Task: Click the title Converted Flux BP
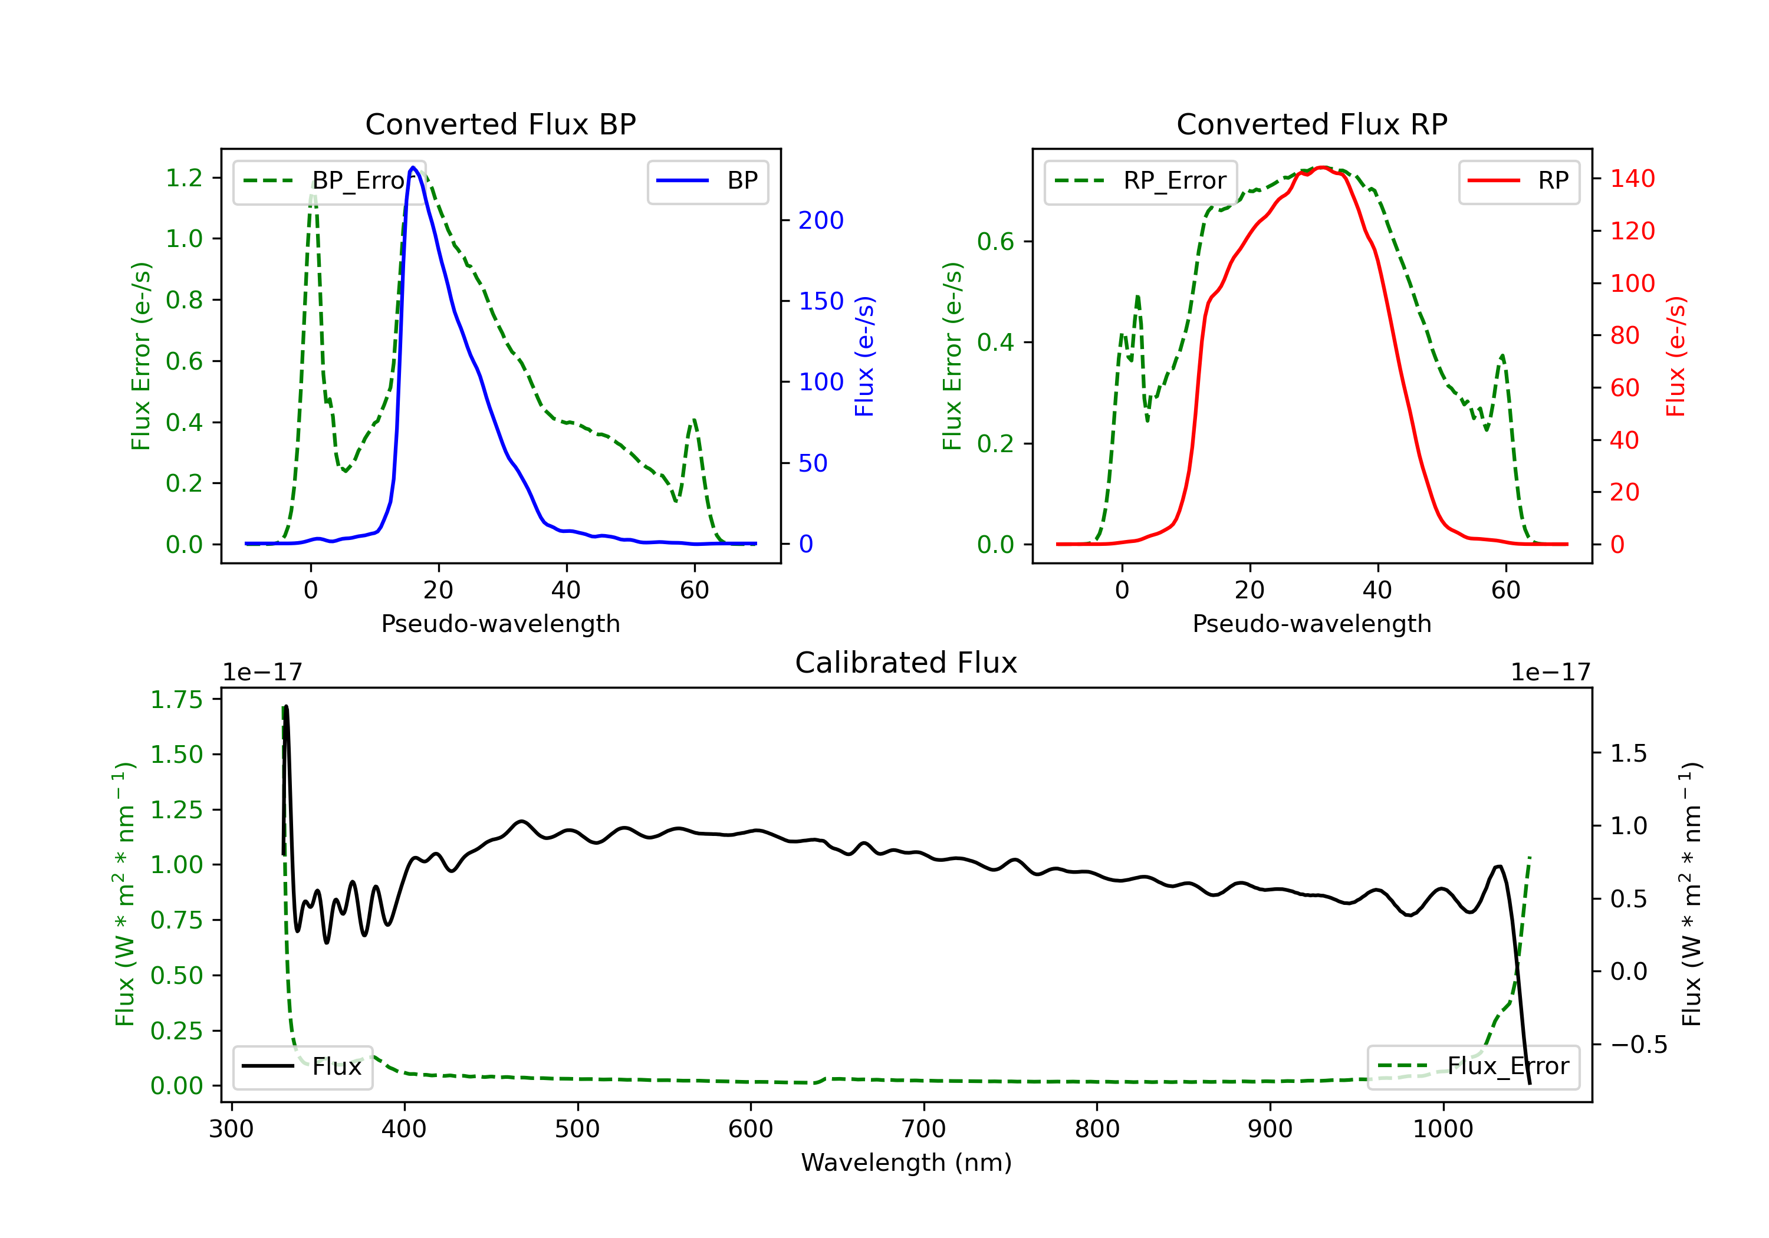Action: coord(500,124)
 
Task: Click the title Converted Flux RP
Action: coord(1311,124)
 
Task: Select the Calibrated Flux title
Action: coord(906,663)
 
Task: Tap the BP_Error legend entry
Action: coord(329,181)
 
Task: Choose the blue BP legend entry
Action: coord(707,181)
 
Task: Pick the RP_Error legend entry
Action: coord(1140,181)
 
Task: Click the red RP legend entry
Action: coord(1518,181)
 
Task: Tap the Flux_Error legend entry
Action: coord(1473,1066)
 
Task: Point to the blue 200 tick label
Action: coord(821,220)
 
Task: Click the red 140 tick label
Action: coord(1633,179)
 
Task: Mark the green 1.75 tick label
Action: coord(176,700)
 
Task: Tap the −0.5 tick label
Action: coord(1639,1045)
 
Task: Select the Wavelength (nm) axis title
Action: coord(906,1163)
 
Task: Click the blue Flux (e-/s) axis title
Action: coord(864,356)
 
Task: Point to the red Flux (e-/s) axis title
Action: coord(1676,356)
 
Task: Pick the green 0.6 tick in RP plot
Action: coord(995,241)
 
